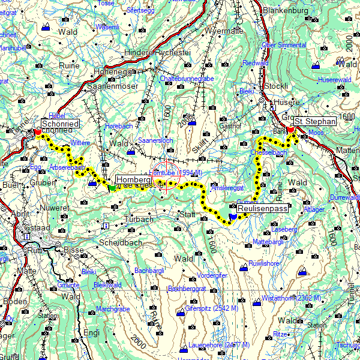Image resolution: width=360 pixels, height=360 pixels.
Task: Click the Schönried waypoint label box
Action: pos(60,124)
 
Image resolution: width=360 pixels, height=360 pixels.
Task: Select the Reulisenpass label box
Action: pos(262,208)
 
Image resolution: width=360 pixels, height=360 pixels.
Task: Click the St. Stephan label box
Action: pos(316,121)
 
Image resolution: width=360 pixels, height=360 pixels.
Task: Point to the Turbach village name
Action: pos(139,220)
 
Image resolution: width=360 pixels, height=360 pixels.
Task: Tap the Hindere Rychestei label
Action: pos(157,53)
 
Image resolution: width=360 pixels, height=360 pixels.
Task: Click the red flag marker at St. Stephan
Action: pos(291,130)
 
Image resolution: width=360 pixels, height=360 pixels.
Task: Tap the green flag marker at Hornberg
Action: pos(112,188)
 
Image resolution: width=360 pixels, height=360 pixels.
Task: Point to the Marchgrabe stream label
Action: pos(113,309)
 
